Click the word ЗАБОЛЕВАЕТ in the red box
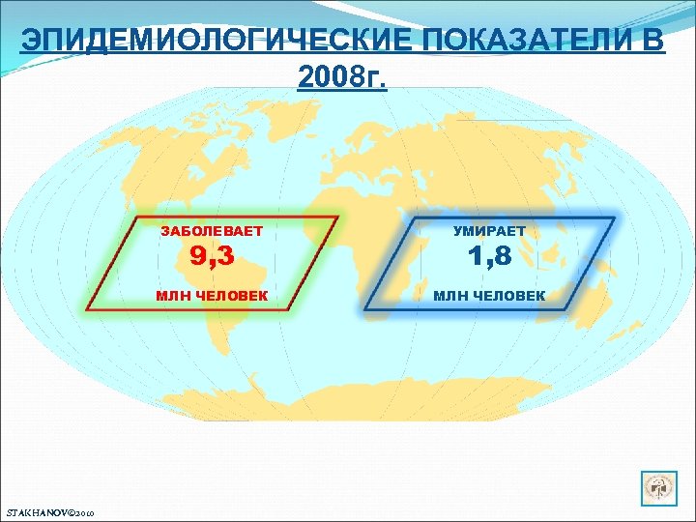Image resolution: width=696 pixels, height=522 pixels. (212, 232)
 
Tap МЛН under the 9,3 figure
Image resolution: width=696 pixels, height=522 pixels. (176, 294)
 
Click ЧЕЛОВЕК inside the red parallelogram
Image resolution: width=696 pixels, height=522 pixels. (234, 294)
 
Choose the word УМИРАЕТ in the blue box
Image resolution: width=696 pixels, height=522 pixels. (488, 232)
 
